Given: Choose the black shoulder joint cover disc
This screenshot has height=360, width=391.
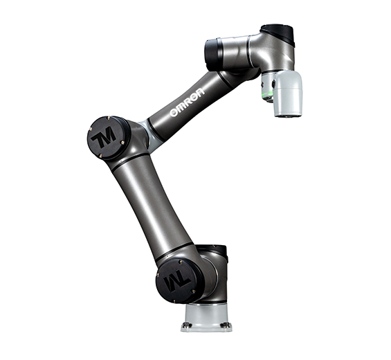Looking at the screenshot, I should [174, 278].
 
